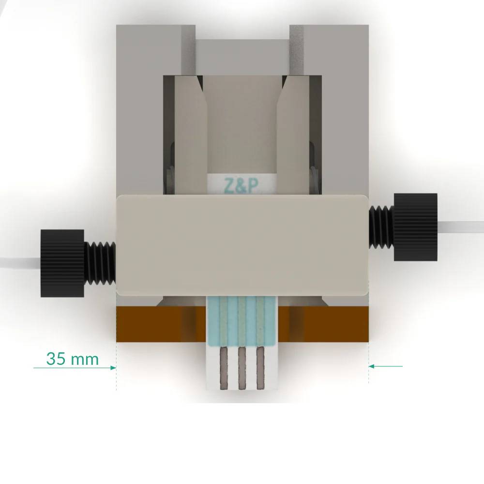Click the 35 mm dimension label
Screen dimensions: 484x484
coord(73,359)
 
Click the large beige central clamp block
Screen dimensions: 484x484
coord(242,244)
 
